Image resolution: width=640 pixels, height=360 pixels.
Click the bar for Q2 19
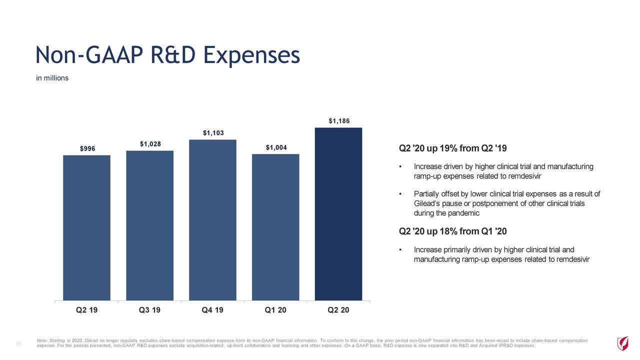(x=86, y=227)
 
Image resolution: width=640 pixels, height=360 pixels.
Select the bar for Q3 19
(x=149, y=225)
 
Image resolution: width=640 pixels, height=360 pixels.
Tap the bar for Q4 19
(x=212, y=220)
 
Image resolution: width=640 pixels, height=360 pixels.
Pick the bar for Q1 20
(x=275, y=227)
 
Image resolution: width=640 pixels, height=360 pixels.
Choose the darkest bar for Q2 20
(x=338, y=214)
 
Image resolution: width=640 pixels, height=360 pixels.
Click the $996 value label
(x=87, y=148)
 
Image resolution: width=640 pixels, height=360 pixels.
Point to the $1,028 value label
(x=149, y=144)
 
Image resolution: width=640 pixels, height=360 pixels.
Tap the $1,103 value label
(x=212, y=133)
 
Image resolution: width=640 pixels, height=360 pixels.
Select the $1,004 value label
(x=276, y=147)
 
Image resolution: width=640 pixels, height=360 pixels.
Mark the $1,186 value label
(x=338, y=121)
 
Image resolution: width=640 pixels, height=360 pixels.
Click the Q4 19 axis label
(x=212, y=310)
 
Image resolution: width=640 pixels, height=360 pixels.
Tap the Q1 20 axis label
(x=275, y=310)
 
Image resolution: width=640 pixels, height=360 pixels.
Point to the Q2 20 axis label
(x=338, y=310)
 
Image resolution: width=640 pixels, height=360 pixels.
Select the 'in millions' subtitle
(x=52, y=78)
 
